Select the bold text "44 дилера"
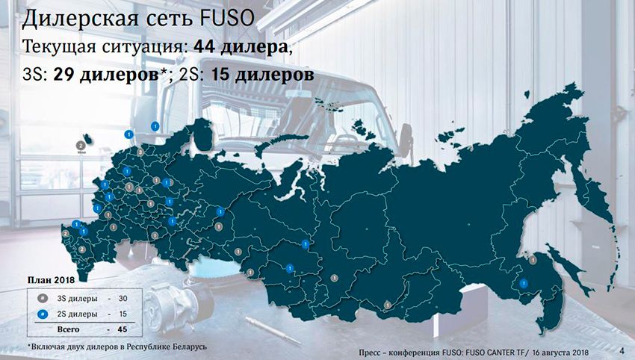coord(238,46)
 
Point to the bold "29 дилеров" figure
coord(106,75)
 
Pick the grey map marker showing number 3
coord(139,152)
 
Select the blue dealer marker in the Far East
coord(524,283)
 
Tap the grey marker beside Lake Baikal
coord(388,303)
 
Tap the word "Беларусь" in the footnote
coord(185,347)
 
